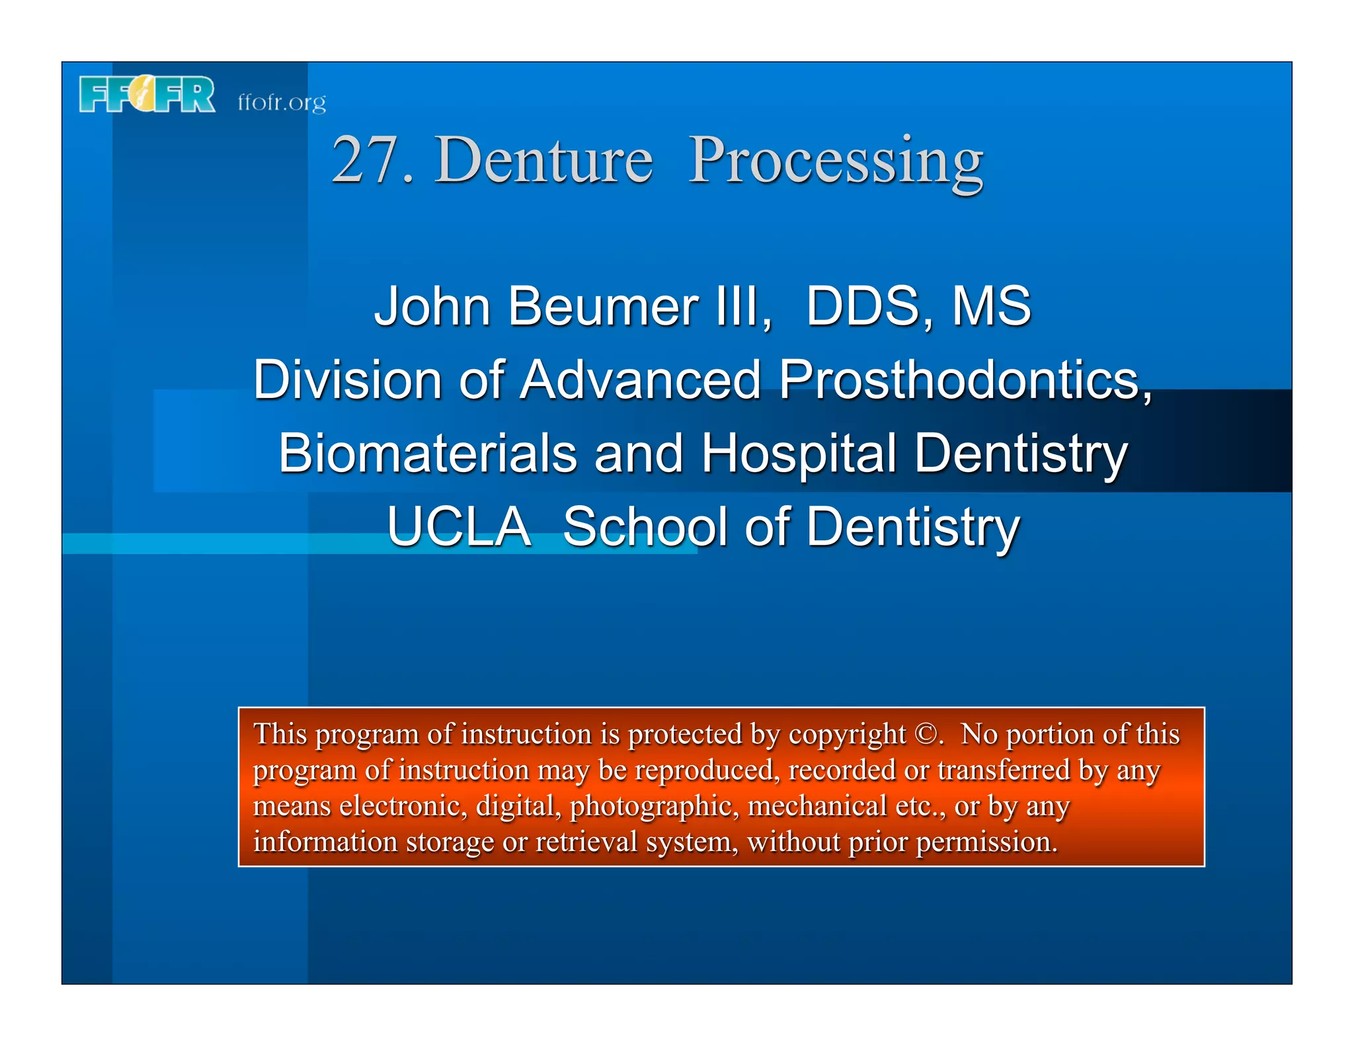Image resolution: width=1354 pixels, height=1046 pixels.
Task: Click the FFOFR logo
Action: coord(147,95)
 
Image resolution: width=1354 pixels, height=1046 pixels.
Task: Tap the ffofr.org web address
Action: coord(282,102)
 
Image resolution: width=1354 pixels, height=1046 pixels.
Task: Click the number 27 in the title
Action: coord(366,161)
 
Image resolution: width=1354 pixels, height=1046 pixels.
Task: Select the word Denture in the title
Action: coord(543,161)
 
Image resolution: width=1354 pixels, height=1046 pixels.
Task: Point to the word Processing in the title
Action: coord(836,161)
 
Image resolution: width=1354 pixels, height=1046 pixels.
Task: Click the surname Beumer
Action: coord(603,306)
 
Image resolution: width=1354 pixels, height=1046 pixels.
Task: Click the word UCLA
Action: coord(459,527)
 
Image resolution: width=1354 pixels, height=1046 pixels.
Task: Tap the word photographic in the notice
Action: coord(654,806)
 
